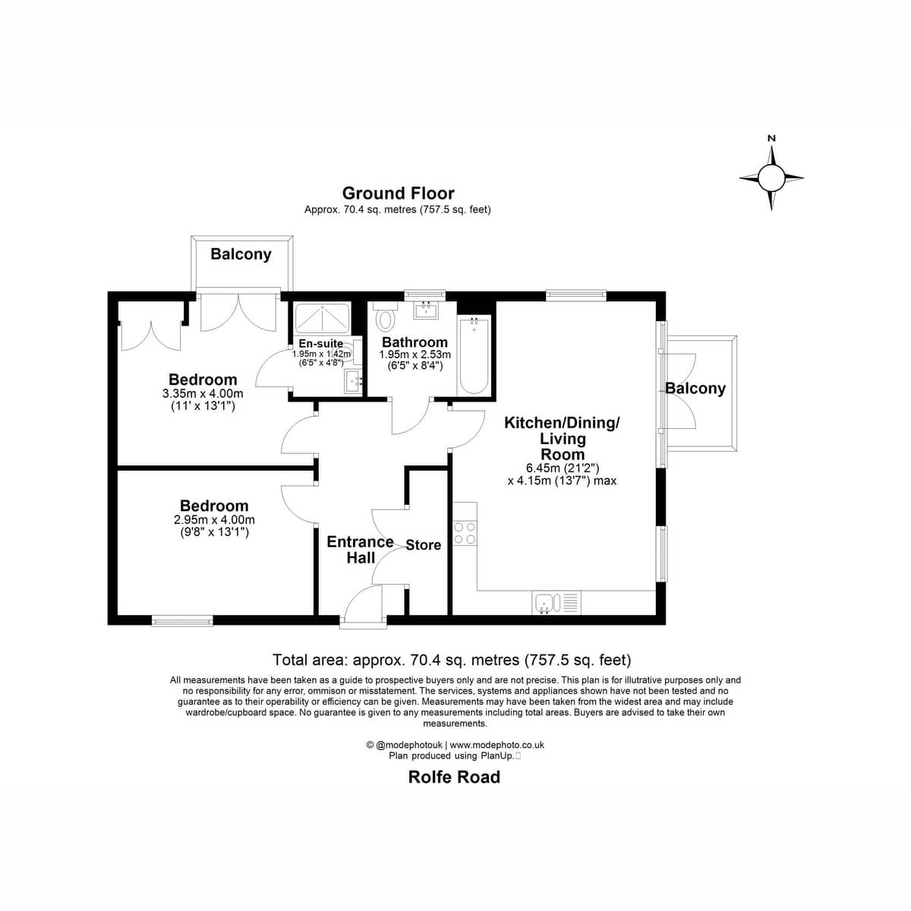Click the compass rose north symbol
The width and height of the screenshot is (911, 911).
click(771, 178)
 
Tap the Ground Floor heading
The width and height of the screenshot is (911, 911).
click(398, 194)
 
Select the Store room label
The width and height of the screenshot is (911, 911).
click(423, 545)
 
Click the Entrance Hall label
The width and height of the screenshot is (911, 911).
click(361, 550)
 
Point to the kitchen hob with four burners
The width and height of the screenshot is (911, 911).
click(465, 533)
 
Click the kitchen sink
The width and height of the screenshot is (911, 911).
click(548, 603)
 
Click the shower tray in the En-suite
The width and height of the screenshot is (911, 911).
click(322, 318)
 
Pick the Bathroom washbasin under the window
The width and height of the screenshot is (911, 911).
click(427, 310)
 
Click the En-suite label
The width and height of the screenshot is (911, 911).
click(320, 344)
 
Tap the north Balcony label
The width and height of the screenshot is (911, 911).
click(241, 254)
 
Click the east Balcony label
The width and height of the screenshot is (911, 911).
click(695, 389)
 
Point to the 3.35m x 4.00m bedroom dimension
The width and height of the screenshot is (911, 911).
click(203, 393)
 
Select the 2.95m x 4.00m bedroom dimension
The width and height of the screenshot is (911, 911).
click(214, 520)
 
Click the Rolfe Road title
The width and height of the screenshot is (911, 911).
click(454, 777)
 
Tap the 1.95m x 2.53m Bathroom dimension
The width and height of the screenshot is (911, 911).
click(415, 355)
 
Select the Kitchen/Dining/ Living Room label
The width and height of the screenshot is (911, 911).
click(562, 438)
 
